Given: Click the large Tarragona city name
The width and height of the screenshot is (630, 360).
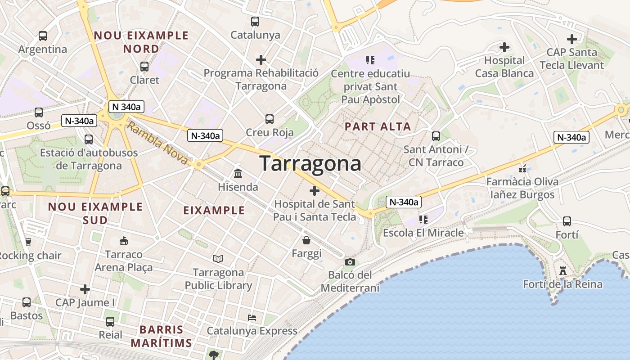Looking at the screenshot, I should (x=310, y=163).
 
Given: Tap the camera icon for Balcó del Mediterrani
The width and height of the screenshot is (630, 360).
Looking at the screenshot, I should (x=350, y=262).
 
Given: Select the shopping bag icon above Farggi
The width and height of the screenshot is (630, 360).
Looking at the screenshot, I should (x=306, y=240).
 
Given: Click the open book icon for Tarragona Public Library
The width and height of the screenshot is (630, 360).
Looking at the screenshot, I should (x=218, y=259).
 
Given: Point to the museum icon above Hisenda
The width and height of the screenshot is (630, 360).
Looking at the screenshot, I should (x=238, y=173).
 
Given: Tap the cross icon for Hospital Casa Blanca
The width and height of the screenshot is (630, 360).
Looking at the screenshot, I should (x=504, y=47).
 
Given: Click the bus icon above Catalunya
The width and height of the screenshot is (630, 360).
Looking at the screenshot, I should (x=255, y=22).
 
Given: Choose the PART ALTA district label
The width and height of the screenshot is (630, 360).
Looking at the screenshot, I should (x=378, y=127).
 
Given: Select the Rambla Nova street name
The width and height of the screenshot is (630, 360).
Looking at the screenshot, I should (x=157, y=144).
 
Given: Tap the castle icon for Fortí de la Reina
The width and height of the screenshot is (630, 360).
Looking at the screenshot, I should (x=562, y=271).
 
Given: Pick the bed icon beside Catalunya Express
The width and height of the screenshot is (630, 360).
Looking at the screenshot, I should (x=252, y=318).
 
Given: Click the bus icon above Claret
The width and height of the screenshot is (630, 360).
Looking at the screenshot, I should (x=144, y=67).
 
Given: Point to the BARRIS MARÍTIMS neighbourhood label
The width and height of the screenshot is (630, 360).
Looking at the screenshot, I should (x=162, y=336).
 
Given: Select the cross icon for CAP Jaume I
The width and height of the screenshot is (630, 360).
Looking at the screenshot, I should (x=85, y=289).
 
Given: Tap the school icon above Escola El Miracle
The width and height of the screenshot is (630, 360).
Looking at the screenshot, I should (x=423, y=220).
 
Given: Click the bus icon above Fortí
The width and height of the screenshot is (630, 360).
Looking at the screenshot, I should (x=567, y=221).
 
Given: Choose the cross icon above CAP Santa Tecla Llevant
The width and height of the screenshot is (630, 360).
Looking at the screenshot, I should (x=571, y=39).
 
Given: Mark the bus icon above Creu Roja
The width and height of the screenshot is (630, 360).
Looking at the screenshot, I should (x=270, y=119).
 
